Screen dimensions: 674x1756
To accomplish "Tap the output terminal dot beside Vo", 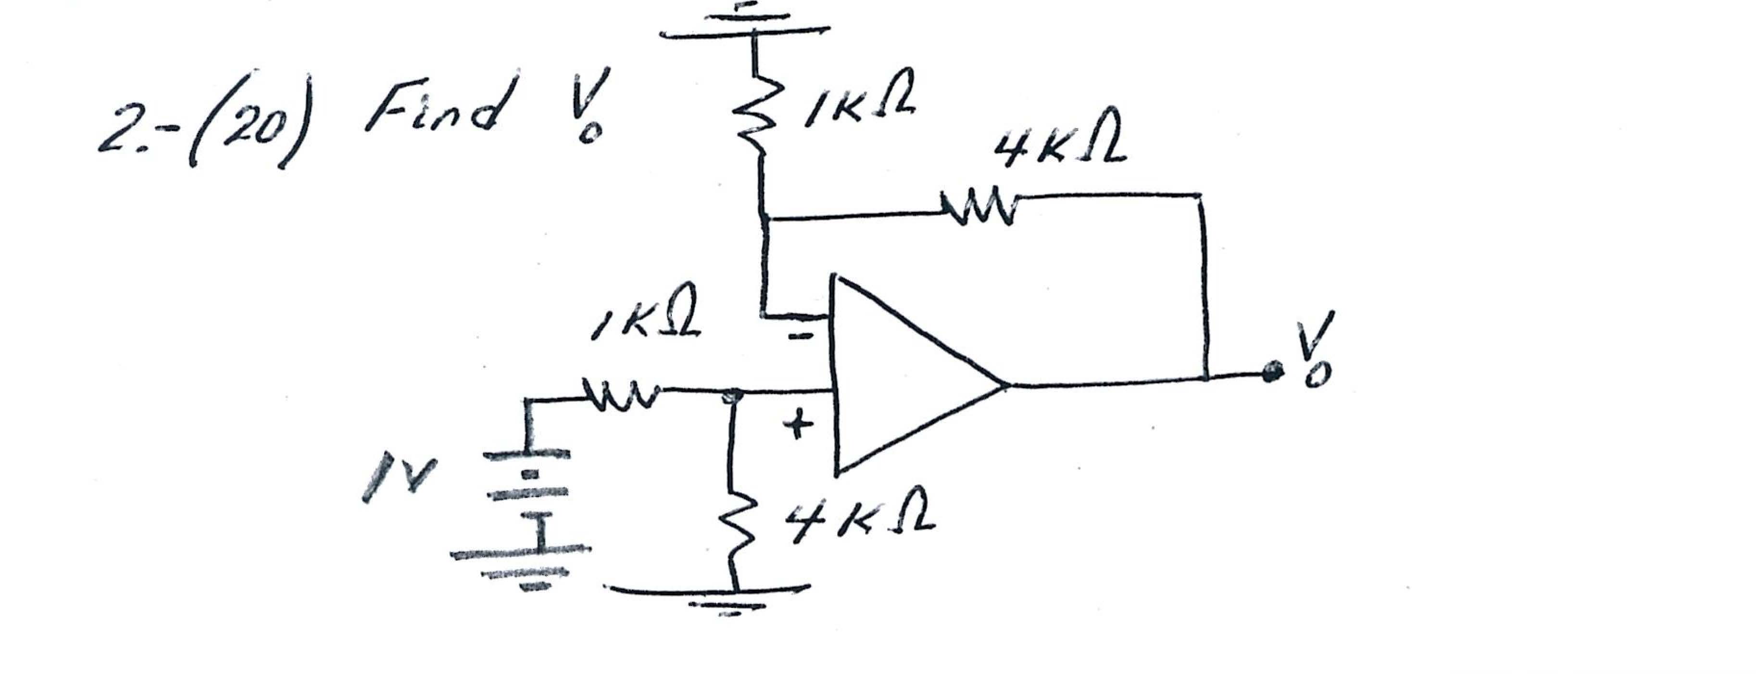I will point(1270,373).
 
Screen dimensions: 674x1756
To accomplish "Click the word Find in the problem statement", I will point(435,109).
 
